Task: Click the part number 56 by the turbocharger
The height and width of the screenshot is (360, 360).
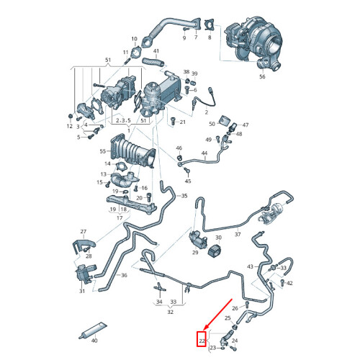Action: pos(261,76)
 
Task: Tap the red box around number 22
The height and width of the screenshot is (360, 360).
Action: pos(202,337)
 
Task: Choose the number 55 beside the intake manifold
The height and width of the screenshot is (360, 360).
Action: pos(102,152)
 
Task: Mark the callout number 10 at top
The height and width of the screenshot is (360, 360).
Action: pos(133,38)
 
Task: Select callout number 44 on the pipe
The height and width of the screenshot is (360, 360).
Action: pos(204,153)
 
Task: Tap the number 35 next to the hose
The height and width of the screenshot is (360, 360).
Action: pos(184,196)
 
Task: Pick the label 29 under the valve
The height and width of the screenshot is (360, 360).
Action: pos(195,253)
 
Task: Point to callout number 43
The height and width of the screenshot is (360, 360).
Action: pos(251,266)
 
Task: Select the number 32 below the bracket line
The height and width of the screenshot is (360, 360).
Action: pos(170,312)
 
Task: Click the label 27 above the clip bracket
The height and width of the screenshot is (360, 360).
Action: pos(84,232)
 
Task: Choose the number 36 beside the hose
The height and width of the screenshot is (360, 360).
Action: pos(123,275)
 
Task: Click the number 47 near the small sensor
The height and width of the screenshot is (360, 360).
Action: pos(245,125)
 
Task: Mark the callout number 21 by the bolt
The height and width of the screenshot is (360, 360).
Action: pos(182,122)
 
